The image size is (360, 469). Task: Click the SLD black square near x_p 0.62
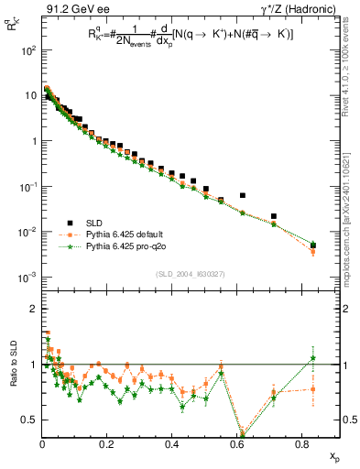coord(243,195)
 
